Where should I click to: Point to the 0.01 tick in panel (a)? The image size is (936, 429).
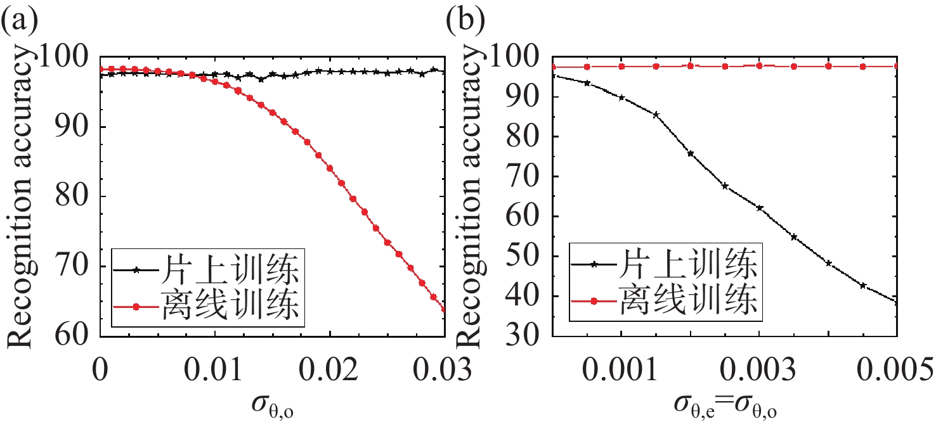(215, 369)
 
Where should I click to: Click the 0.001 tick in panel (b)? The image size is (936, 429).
(621, 369)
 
